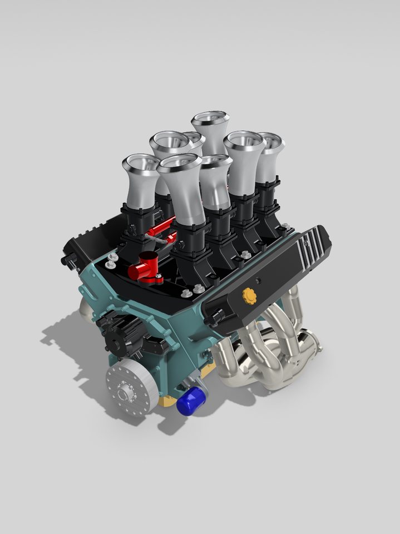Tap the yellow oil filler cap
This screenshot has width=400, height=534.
coord(249,296)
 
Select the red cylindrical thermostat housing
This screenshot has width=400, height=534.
coord(145,268)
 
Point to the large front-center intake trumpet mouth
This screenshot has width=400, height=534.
coord(179,163)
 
